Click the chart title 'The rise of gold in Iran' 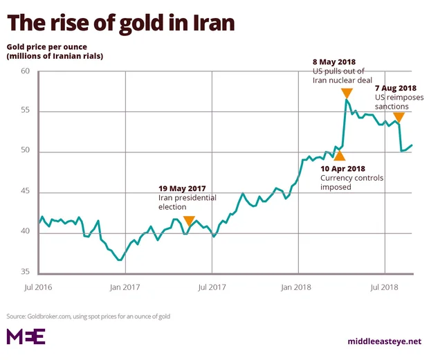click(x=121, y=23)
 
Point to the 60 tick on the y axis click(x=26, y=71)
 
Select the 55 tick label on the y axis click(x=26, y=111)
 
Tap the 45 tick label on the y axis click(x=26, y=192)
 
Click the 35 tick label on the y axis click(x=26, y=272)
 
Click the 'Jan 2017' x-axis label click(x=125, y=287)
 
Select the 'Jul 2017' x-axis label click(x=212, y=287)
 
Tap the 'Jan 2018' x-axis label click(x=298, y=287)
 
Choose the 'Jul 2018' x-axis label click(x=384, y=287)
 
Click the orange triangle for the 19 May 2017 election click(x=188, y=221)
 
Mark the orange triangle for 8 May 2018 click(x=347, y=93)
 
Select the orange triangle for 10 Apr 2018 click(x=339, y=156)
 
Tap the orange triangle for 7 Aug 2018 click(x=399, y=118)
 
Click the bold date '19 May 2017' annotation click(x=182, y=188)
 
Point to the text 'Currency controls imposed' click(x=346, y=182)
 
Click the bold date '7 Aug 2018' click(x=395, y=88)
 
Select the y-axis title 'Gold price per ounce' click(x=51, y=46)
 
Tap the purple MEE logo click(x=26, y=336)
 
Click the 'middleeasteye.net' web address click(x=384, y=341)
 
